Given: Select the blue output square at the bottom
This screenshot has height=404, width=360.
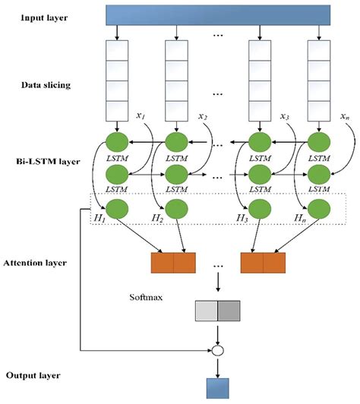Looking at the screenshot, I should pyautogui.click(x=217, y=387).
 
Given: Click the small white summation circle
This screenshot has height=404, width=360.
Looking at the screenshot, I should pyautogui.click(x=217, y=352).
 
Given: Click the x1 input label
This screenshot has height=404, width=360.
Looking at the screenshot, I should pyautogui.click(x=141, y=115).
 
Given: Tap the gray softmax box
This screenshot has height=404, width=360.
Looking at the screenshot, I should pyautogui.click(x=217, y=311).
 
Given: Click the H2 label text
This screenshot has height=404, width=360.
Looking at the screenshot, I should pyautogui.click(x=157, y=218).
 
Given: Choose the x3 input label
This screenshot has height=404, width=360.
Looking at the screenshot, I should pyautogui.click(x=283, y=115).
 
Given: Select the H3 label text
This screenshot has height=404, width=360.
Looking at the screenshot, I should pyautogui.click(x=242, y=218).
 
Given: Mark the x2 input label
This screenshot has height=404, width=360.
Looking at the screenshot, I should pyautogui.click(x=202, y=115).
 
